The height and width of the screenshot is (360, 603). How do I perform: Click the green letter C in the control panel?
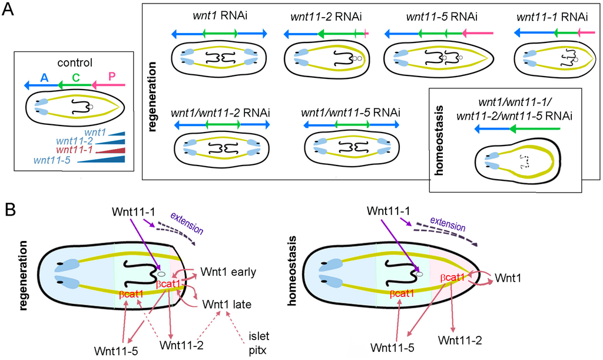coord(75,77)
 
